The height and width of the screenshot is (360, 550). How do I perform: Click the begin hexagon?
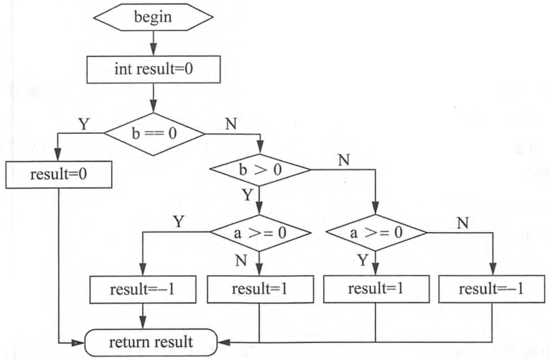pyautogui.click(x=153, y=17)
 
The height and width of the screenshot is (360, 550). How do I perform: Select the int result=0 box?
pyautogui.click(x=153, y=69)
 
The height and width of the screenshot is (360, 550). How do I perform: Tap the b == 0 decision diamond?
pyautogui.click(x=154, y=134)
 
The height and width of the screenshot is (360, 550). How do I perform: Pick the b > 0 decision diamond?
pyautogui.click(x=260, y=170)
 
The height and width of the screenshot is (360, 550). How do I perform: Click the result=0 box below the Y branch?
pyautogui.click(x=59, y=175)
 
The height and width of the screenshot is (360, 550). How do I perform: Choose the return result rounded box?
pyautogui.click(x=151, y=343)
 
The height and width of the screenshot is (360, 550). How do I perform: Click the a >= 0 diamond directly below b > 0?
pyautogui.click(x=260, y=233)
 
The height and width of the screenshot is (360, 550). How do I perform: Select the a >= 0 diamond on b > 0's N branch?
pyautogui.click(x=376, y=233)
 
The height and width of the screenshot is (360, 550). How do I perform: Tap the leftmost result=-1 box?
pyautogui.click(x=143, y=290)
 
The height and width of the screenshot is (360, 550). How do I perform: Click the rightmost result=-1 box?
pyautogui.click(x=492, y=290)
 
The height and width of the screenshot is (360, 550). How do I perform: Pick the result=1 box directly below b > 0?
pyautogui.click(x=260, y=290)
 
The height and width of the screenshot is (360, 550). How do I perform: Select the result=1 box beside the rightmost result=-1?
pyautogui.click(x=376, y=289)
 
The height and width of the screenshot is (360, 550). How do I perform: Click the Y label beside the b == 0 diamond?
pyautogui.click(x=83, y=124)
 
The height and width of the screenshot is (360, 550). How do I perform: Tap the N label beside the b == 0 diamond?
pyautogui.click(x=231, y=124)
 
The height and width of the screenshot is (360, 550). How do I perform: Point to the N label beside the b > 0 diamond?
pyautogui.click(x=344, y=160)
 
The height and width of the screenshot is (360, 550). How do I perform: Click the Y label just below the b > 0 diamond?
pyautogui.click(x=247, y=195)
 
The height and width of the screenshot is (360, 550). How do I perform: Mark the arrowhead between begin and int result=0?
pyautogui.click(x=153, y=49)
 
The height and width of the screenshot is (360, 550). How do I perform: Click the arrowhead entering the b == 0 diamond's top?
pyautogui.click(x=153, y=106)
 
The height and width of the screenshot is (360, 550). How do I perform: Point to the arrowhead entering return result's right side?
pyautogui.click(x=224, y=342)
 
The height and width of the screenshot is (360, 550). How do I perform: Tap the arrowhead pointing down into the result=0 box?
pyautogui.click(x=58, y=154)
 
